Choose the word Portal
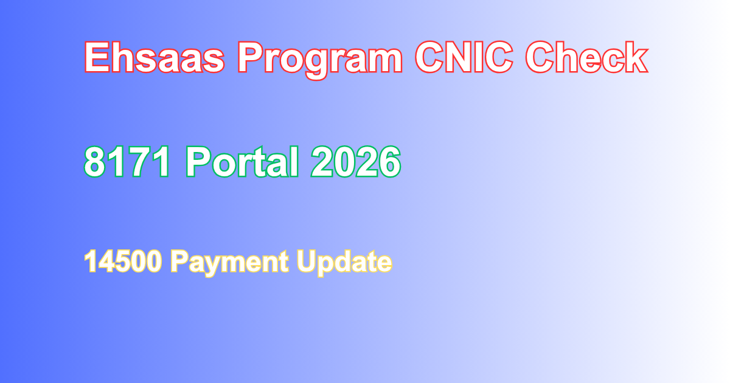tap(242, 162)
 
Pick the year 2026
tap(356, 162)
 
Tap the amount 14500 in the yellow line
tap(122, 262)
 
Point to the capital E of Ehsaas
tap(96, 58)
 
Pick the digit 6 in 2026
tap(389, 162)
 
